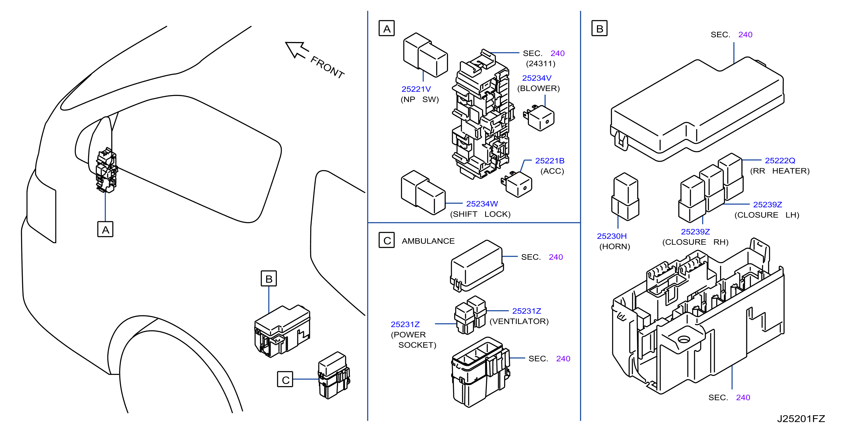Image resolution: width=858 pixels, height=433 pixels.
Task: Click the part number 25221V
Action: (416, 89)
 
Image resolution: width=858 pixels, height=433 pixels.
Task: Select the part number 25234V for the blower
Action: (537, 78)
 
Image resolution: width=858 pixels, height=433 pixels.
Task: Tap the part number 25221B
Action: (550, 161)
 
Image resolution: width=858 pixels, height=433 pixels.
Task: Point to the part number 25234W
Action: (482, 204)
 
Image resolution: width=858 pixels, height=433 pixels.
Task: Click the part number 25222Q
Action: (780, 160)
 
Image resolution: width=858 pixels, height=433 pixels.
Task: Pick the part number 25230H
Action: (611, 236)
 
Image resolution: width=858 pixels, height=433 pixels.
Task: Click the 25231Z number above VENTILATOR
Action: (526, 311)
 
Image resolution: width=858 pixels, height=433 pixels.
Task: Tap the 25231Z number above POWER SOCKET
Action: (405, 324)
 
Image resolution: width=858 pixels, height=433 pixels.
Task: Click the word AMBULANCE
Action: (428, 241)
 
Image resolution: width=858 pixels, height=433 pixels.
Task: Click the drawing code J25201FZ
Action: (801, 419)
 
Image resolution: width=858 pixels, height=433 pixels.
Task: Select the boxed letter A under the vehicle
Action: (105, 230)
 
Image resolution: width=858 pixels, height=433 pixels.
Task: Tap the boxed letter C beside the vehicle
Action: (285, 379)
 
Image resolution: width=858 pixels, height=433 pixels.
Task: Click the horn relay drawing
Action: (625, 197)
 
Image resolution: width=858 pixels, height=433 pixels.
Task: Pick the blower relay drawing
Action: (539, 118)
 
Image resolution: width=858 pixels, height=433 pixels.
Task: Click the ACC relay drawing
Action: (517, 184)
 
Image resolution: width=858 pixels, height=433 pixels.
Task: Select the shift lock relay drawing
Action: (423, 193)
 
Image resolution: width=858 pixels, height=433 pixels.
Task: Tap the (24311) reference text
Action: (541, 64)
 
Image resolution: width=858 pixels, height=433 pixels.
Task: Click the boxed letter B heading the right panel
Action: (600, 29)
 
